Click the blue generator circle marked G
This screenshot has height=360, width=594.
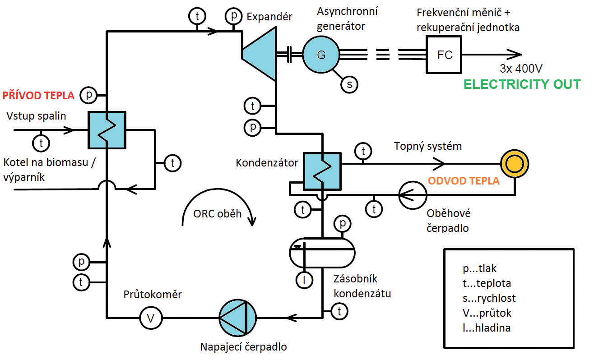point(321,55)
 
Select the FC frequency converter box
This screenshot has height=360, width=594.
point(445,55)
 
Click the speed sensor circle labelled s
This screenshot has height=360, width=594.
point(348,84)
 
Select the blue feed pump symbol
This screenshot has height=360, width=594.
point(237,318)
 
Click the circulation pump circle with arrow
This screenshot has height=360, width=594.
point(412,195)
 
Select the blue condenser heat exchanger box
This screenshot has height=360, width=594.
point(322,171)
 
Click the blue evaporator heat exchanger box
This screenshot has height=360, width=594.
point(107,130)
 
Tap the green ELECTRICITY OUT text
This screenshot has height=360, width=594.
point(522,84)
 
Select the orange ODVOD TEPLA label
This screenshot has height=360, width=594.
point(464,180)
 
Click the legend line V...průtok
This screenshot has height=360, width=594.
point(487,313)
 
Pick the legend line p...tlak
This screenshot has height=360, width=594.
point(479,268)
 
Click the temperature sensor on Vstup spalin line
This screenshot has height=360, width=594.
point(41,143)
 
